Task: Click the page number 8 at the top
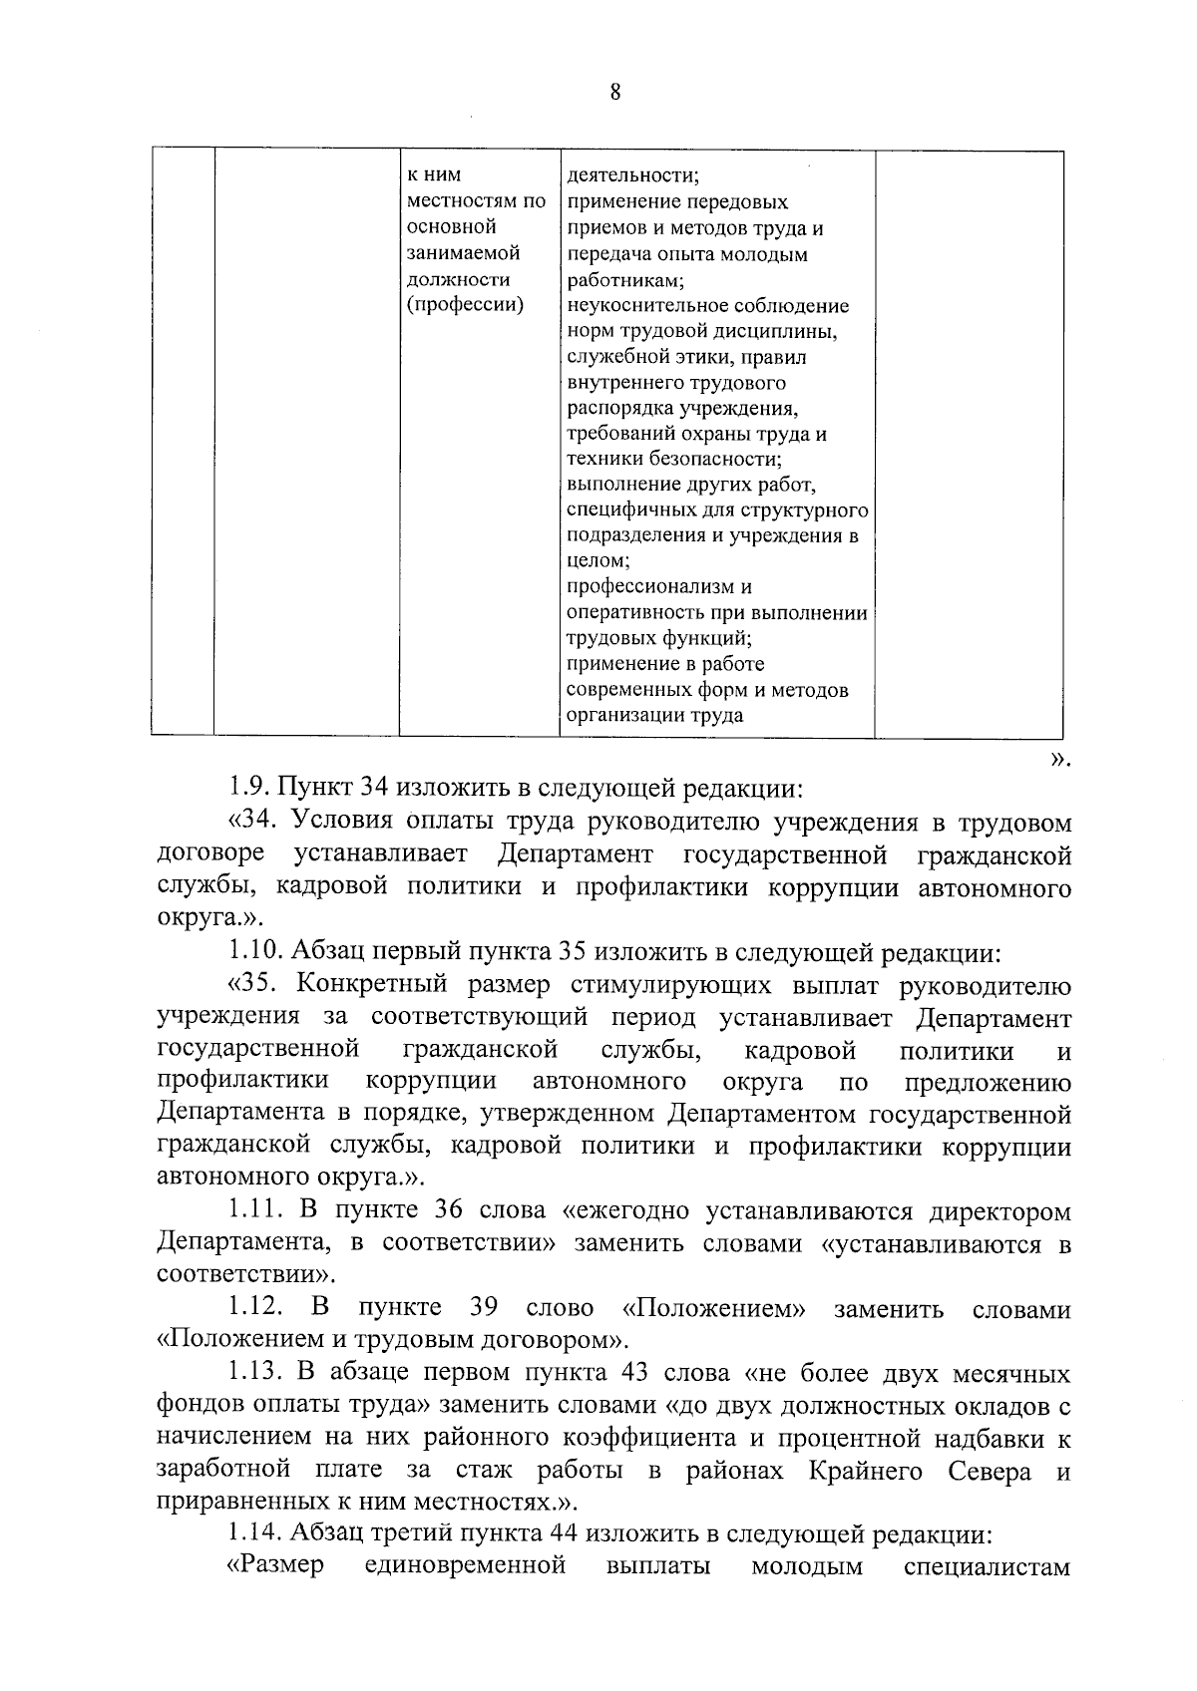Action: click(x=614, y=93)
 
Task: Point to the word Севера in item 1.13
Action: click(x=991, y=1472)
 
